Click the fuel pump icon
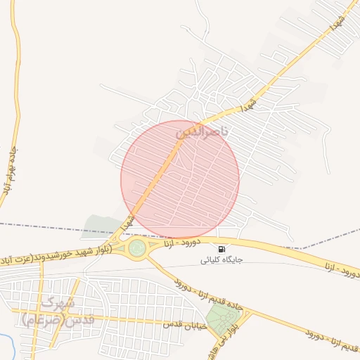pos(221,249)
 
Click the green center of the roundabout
pos(137,247)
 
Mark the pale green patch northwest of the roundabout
pos(102,226)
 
